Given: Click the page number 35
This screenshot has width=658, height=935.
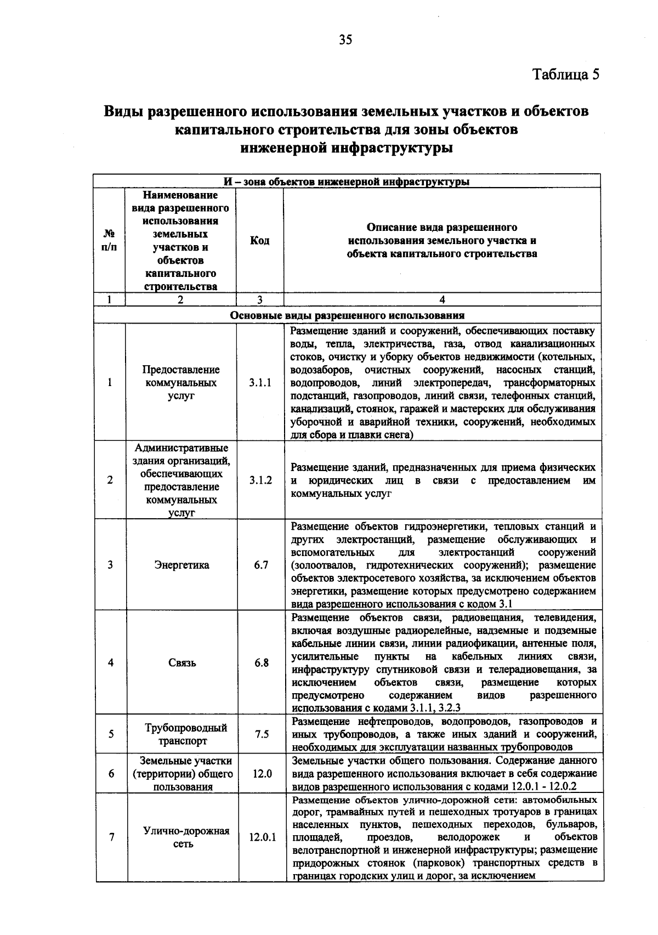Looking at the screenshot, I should coord(345,39).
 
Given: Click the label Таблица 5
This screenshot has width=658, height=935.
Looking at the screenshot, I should coord(566,74).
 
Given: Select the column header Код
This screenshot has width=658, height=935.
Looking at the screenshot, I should coord(259,241).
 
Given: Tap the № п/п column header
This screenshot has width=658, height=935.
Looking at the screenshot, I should coord(109,241).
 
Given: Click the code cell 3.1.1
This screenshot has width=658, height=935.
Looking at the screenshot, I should coord(260,383).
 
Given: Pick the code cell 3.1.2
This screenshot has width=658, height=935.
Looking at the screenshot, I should coord(260,480).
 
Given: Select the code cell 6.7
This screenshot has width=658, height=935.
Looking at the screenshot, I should coord(261,565).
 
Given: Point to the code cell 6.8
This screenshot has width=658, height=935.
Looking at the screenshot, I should coord(262,662).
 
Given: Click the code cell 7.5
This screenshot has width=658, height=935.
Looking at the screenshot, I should coord(262,734).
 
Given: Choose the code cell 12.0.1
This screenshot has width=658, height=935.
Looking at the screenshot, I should coord(262,837).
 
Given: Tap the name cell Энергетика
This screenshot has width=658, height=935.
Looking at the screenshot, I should coord(181,565).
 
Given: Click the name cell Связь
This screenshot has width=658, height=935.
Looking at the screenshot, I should coord(182,662).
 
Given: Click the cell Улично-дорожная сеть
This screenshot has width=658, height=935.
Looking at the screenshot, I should coord(186,837).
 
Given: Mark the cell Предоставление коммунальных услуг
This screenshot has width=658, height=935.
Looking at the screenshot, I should coord(181,383).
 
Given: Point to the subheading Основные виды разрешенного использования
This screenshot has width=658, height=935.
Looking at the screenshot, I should coord(347,315).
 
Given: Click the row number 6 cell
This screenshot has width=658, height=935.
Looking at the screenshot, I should coord(111,773).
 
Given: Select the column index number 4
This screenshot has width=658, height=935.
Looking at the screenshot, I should coord(442,299).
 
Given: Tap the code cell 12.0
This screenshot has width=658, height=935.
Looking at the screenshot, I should coord(262,773).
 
